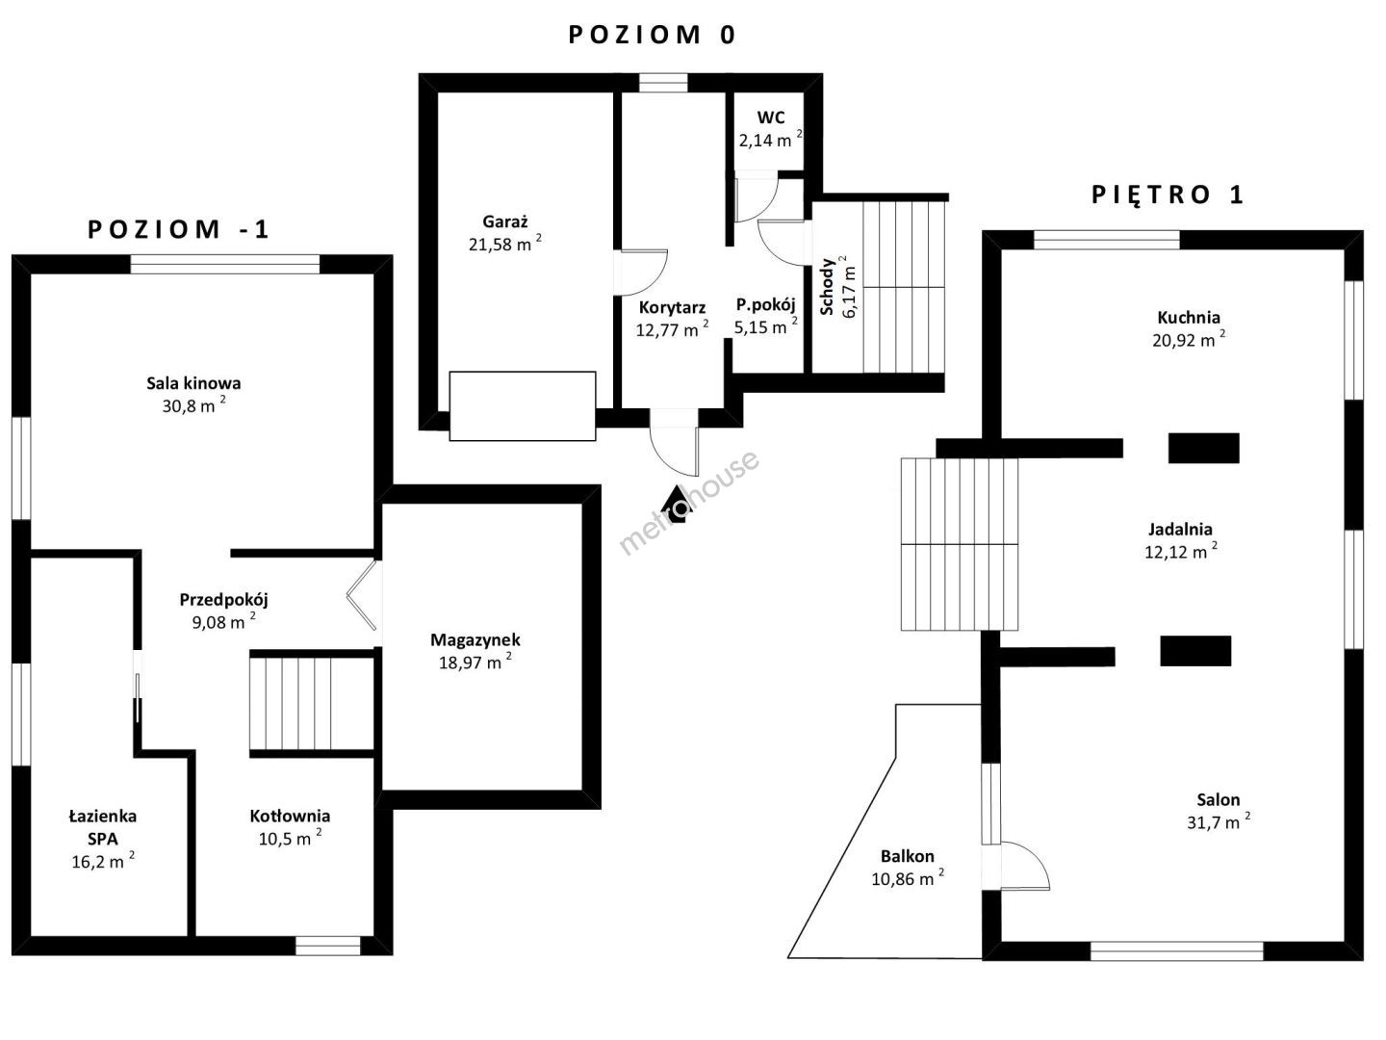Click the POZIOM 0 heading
(x=652, y=35)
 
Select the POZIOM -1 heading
(x=178, y=229)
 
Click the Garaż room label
(x=504, y=221)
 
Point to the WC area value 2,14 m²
(x=770, y=140)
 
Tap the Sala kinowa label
(x=193, y=382)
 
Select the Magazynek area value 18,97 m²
(x=475, y=662)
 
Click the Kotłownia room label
(x=290, y=816)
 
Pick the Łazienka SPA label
(x=103, y=827)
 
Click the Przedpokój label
(x=223, y=600)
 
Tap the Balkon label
(x=908, y=856)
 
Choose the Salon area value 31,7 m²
(x=1218, y=822)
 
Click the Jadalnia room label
(x=1180, y=530)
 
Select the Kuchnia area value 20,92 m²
(x=1189, y=340)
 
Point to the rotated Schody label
(x=827, y=287)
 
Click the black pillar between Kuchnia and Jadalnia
(x=1203, y=448)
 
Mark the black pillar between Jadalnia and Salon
(x=1195, y=650)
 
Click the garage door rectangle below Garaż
(x=523, y=405)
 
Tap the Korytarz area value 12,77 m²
(x=672, y=329)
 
